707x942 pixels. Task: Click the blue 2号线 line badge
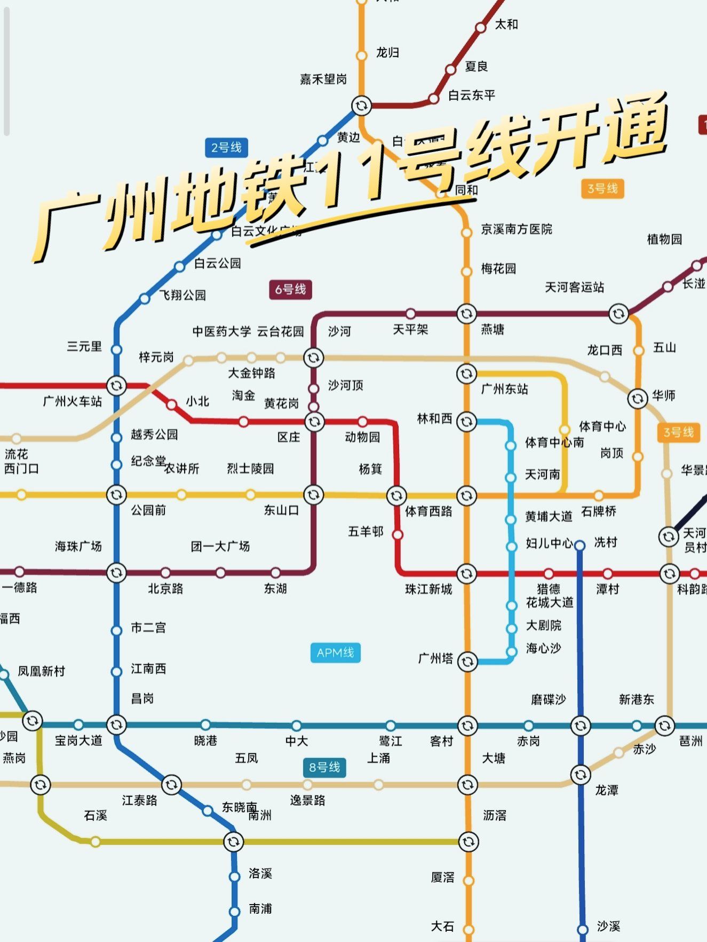(226, 148)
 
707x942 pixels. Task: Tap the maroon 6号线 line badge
(290, 290)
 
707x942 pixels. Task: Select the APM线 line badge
(335, 653)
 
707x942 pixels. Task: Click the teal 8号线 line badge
(324, 768)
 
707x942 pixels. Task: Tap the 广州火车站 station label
(72, 402)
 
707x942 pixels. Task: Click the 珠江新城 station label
(428, 589)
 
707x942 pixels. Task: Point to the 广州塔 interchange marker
(467, 661)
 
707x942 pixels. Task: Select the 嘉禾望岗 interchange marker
(361, 106)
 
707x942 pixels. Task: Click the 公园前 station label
(148, 510)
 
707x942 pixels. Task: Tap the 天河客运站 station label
(574, 288)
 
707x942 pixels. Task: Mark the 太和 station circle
(481, 27)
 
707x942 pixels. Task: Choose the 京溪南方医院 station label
(517, 229)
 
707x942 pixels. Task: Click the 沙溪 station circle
(583, 929)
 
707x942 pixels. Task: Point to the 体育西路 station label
(428, 512)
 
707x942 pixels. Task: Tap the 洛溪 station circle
(234, 876)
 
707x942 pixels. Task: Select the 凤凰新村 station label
(41, 672)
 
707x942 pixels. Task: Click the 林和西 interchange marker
(466, 421)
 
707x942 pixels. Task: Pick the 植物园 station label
(664, 240)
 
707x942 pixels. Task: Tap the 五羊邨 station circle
(398, 534)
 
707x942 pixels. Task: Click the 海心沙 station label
(543, 649)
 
